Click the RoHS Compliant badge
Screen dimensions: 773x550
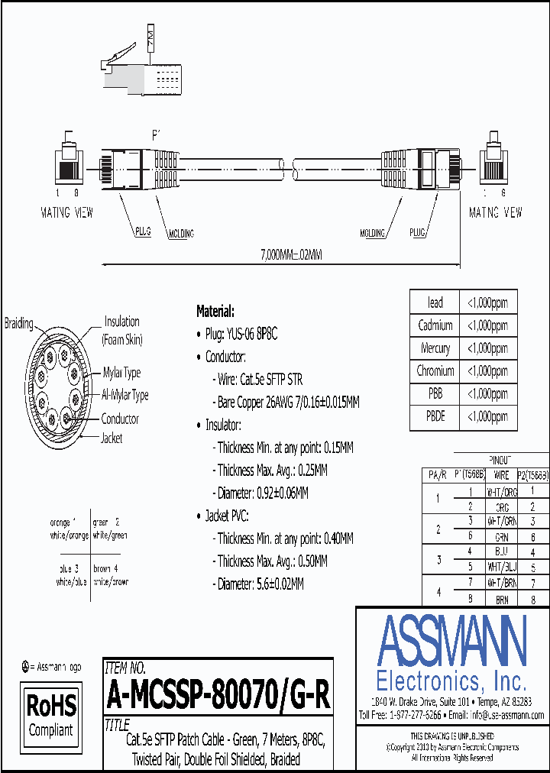[51, 714]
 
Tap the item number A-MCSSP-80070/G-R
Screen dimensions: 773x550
[218, 695]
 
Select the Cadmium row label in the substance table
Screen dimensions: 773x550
[435, 325]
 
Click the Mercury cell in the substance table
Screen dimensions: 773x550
[435, 348]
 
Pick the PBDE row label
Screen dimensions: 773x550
[435, 416]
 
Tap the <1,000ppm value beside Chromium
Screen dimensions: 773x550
[487, 371]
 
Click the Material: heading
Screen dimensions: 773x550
[215, 311]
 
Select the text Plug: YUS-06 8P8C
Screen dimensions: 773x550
[241, 334]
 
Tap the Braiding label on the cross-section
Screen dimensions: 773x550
[18, 323]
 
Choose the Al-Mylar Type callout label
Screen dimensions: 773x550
[125, 396]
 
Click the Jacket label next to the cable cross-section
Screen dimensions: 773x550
[112, 438]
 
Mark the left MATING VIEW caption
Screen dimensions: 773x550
[66, 213]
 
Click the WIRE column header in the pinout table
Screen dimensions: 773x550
[501, 474]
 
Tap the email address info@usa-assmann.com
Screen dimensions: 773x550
[506, 715]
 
